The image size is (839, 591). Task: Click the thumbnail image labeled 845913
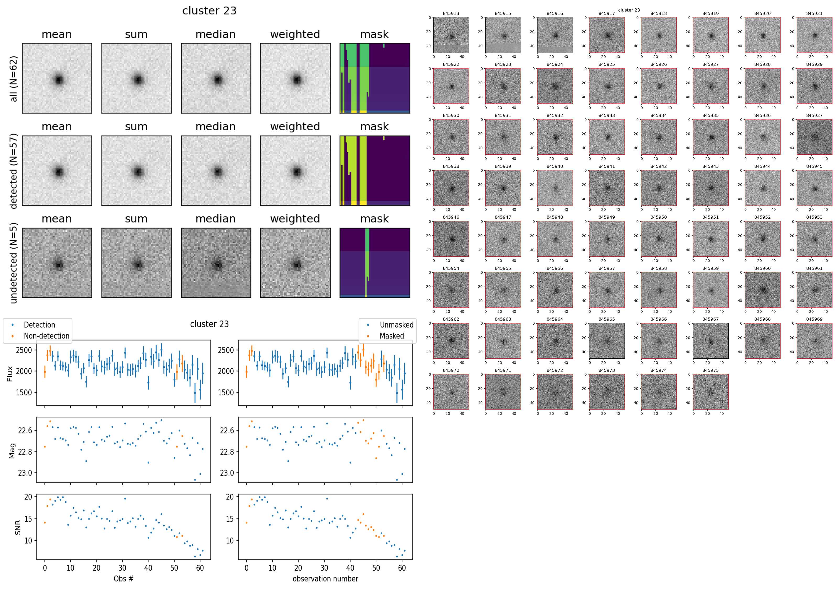coord(451,35)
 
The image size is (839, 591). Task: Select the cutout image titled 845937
coord(814,137)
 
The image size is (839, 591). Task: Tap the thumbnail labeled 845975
coord(710,392)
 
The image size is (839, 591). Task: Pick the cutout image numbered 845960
coord(762,290)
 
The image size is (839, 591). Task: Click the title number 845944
coord(762,166)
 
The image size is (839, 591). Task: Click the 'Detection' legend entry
coord(39,325)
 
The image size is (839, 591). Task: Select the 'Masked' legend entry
coord(392,336)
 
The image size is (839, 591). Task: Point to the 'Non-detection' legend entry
coord(46,336)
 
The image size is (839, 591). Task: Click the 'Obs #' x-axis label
coord(123,579)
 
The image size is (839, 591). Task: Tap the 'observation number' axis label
coord(325,579)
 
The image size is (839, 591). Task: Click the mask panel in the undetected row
coord(375,263)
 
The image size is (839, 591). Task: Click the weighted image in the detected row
coord(295,171)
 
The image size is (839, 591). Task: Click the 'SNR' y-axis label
coord(18,527)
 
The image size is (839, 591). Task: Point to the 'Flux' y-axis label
coord(10,374)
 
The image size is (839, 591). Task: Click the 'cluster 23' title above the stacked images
coord(209,11)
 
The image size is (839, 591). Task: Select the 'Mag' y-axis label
coord(12,451)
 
